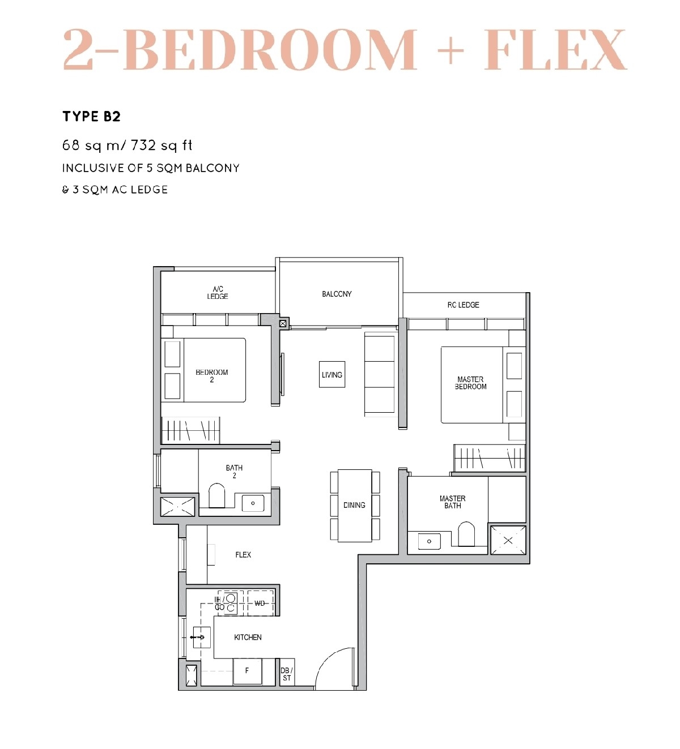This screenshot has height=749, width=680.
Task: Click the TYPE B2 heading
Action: click(x=91, y=117)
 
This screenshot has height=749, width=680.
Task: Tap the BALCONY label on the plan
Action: click(x=337, y=294)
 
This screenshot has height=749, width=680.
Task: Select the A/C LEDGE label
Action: click(x=218, y=293)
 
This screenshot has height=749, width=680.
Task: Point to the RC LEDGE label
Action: click(x=463, y=305)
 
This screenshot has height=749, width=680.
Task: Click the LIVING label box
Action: click(x=332, y=375)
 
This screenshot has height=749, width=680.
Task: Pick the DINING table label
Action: click(x=354, y=505)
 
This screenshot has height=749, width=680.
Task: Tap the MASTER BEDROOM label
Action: click(x=471, y=383)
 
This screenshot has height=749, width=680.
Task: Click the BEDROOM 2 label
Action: click(x=211, y=376)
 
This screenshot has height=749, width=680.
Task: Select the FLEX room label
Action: click(x=243, y=555)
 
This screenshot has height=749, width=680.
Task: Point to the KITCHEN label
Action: click(x=248, y=637)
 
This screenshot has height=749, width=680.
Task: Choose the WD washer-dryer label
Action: click(x=260, y=604)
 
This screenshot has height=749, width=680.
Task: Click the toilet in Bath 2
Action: click(x=217, y=495)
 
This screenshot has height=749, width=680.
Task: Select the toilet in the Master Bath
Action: click(x=466, y=534)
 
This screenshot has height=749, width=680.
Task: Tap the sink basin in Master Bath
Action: click(x=429, y=541)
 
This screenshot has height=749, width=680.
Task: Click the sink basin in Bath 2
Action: click(x=253, y=503)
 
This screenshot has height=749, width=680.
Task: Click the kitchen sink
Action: click(x=202, y=637)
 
